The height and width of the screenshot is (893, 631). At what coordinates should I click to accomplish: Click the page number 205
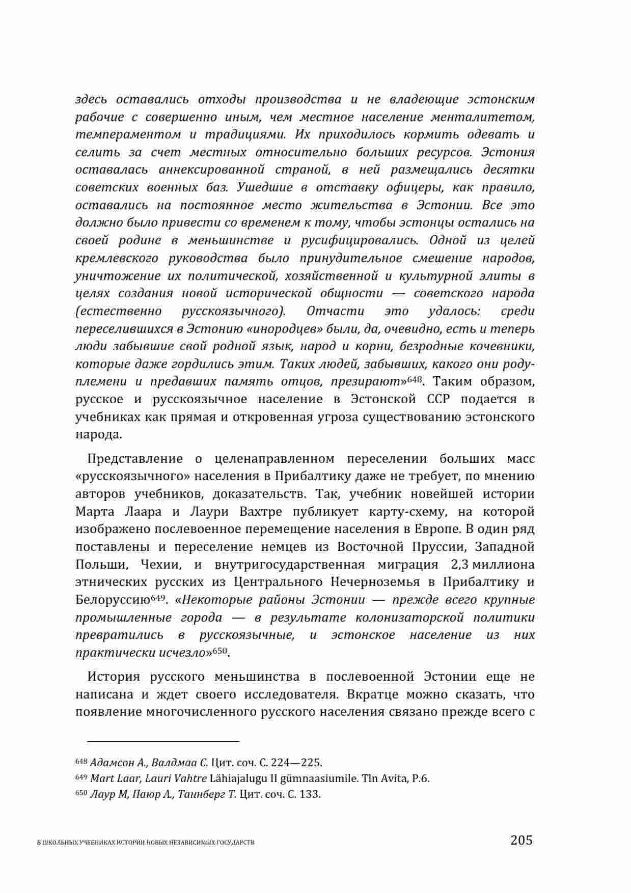(x=521, y=840)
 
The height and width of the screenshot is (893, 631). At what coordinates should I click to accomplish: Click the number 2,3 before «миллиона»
(x=460, y=564)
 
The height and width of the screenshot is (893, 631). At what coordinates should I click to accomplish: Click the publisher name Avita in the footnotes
(x=394, y=778)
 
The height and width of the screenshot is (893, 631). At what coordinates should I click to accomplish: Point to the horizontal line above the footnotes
(x=157, y=741)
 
